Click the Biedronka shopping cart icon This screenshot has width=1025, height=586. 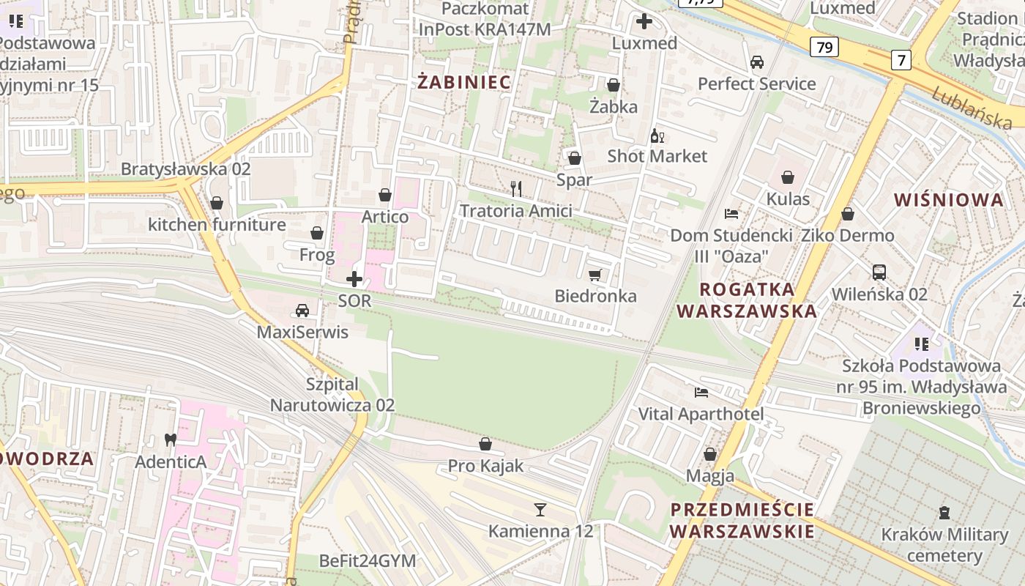594,275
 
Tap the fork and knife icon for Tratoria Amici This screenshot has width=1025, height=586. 517,189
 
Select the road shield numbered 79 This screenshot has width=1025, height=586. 824,48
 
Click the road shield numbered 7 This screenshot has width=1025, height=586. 901,60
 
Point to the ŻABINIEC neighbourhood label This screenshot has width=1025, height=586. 464,82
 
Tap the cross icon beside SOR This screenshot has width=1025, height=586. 354,279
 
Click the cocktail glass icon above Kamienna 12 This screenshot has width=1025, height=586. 540,509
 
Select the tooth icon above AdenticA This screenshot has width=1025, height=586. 171,440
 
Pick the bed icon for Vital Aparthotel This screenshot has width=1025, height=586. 701,393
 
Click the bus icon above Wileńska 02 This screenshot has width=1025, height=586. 879,272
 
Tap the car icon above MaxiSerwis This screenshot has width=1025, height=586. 302,311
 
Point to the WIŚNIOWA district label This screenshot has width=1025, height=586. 949,200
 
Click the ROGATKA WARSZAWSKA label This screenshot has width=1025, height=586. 746,300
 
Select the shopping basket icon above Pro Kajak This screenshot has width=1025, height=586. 485,444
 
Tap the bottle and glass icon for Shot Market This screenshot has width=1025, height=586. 657,136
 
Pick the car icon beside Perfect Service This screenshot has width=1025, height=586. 757,62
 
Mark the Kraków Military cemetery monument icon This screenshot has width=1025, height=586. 944,513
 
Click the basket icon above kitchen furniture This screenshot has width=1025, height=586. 216,203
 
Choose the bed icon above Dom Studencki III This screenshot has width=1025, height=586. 731,214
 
